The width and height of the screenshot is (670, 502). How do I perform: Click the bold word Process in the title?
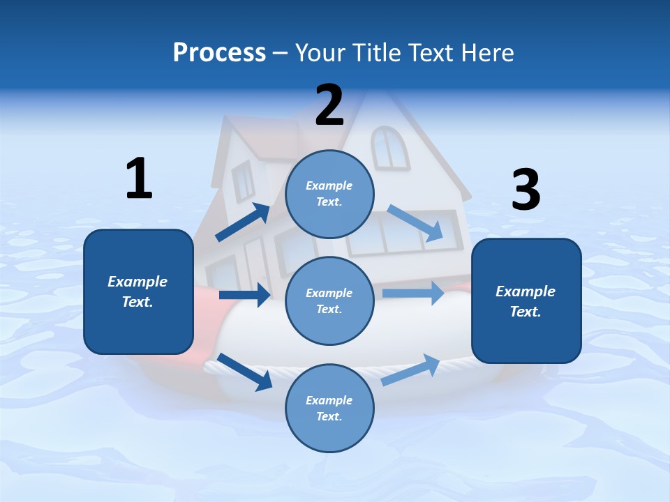(219, 53)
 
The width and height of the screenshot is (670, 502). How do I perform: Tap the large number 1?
(139, 178)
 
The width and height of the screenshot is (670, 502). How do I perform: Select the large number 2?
(329, 105)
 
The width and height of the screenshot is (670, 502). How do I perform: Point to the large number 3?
(526, 190)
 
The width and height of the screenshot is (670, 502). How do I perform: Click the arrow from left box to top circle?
(243, 222)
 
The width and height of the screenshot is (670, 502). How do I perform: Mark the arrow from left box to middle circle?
(244, 295)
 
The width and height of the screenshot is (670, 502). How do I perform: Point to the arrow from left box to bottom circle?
(245, 372)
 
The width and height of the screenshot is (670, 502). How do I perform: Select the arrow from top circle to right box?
(416, 224)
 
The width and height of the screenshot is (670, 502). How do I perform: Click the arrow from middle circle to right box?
(412, 293)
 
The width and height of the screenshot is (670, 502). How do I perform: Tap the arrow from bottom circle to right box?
(410, 370)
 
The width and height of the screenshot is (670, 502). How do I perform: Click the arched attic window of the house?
(390, 147)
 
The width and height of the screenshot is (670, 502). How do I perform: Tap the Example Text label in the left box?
(137, 291)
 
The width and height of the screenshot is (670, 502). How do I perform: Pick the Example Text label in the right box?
(526, 301)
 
